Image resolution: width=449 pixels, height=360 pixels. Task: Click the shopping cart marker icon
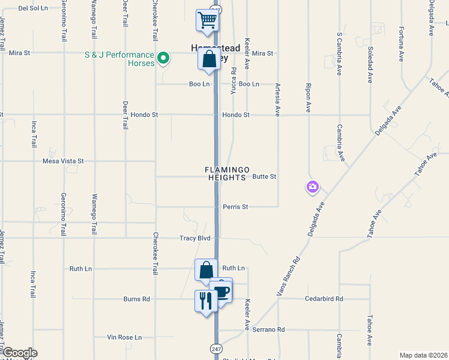[x=207, y=20]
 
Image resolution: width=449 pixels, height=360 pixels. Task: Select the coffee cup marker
[x=221, y=292]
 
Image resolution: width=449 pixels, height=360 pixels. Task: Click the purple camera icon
[x=312, y=187]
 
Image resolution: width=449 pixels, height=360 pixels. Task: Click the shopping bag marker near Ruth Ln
[x=206, y=271]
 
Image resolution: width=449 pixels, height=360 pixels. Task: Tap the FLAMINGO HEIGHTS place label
[x=227, y=174]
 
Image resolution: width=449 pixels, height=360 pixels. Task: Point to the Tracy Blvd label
[x=194, y=238]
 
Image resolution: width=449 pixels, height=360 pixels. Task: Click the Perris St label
[x=235, y=207]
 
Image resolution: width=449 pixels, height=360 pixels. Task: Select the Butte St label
[x=264, y=177]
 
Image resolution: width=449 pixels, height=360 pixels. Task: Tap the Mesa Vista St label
[x=63, y=161]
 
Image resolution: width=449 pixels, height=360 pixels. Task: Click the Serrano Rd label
[x=268, y=329]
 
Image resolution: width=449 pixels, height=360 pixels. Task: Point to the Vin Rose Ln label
[x=124, y=337]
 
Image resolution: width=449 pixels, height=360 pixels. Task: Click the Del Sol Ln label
[x=33, y=8]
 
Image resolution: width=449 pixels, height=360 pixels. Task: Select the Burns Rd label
[x=136, y=299]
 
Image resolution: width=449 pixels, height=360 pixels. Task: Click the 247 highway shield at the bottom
[x=216, y=349]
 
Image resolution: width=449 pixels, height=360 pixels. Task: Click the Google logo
[x=20, y=353]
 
